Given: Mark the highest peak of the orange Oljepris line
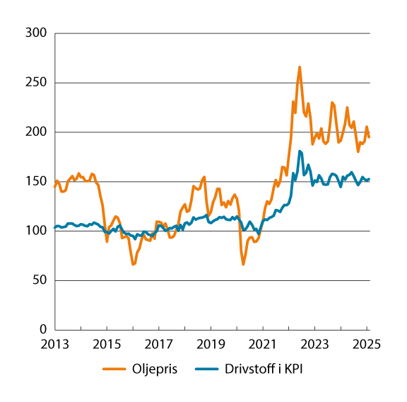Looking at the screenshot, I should (300, 67).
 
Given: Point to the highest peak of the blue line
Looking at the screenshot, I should (300, 151).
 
